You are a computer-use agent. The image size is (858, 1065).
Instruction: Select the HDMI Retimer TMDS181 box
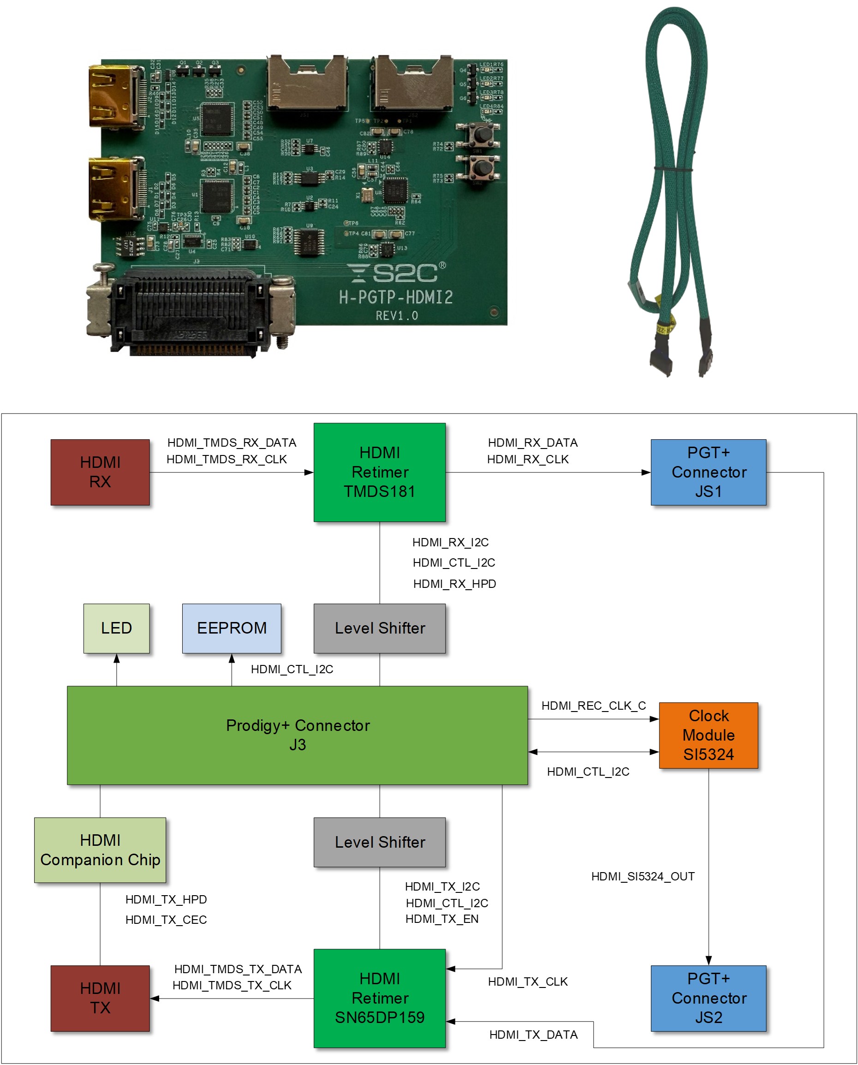tap(379, 472)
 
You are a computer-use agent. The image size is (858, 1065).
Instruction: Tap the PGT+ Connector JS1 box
tap(708, 472)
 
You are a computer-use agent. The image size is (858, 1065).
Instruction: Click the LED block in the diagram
tap(116, 628)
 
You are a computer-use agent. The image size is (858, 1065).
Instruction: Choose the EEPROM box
tap(231, 628)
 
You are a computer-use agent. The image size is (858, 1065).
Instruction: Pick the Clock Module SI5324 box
tap(708, 735)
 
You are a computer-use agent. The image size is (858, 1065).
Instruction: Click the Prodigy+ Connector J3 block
tap(297, 735)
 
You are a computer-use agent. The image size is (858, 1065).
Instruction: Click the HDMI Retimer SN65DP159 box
tap(379, 998)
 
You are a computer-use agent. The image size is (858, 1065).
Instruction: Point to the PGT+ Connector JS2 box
tap(708, 998)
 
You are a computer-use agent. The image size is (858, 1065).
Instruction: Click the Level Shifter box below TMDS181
tap(379, 628)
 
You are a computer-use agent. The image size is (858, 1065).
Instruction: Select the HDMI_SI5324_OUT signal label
tap(643, 876)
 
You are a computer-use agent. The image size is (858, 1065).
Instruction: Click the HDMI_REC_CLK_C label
tap(593, 706)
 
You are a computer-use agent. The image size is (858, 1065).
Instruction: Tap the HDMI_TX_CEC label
tap(166, 920)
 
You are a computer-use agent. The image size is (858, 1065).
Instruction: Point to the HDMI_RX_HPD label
tap(454, 583)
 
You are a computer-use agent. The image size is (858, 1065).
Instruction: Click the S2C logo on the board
tap(395, 272)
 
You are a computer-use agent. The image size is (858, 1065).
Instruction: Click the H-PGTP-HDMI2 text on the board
tap(395, 297)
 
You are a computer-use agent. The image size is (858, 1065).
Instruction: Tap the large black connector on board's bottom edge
tap(190, 311)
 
